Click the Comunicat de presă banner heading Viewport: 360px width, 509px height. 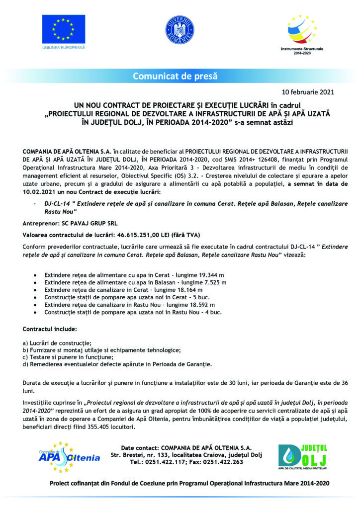(x=175, y=76)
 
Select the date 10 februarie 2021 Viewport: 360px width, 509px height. (x=308, y=92)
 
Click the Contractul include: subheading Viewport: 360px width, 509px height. (x=50, y=329)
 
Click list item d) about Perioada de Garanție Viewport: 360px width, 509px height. (x=117, y=364)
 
